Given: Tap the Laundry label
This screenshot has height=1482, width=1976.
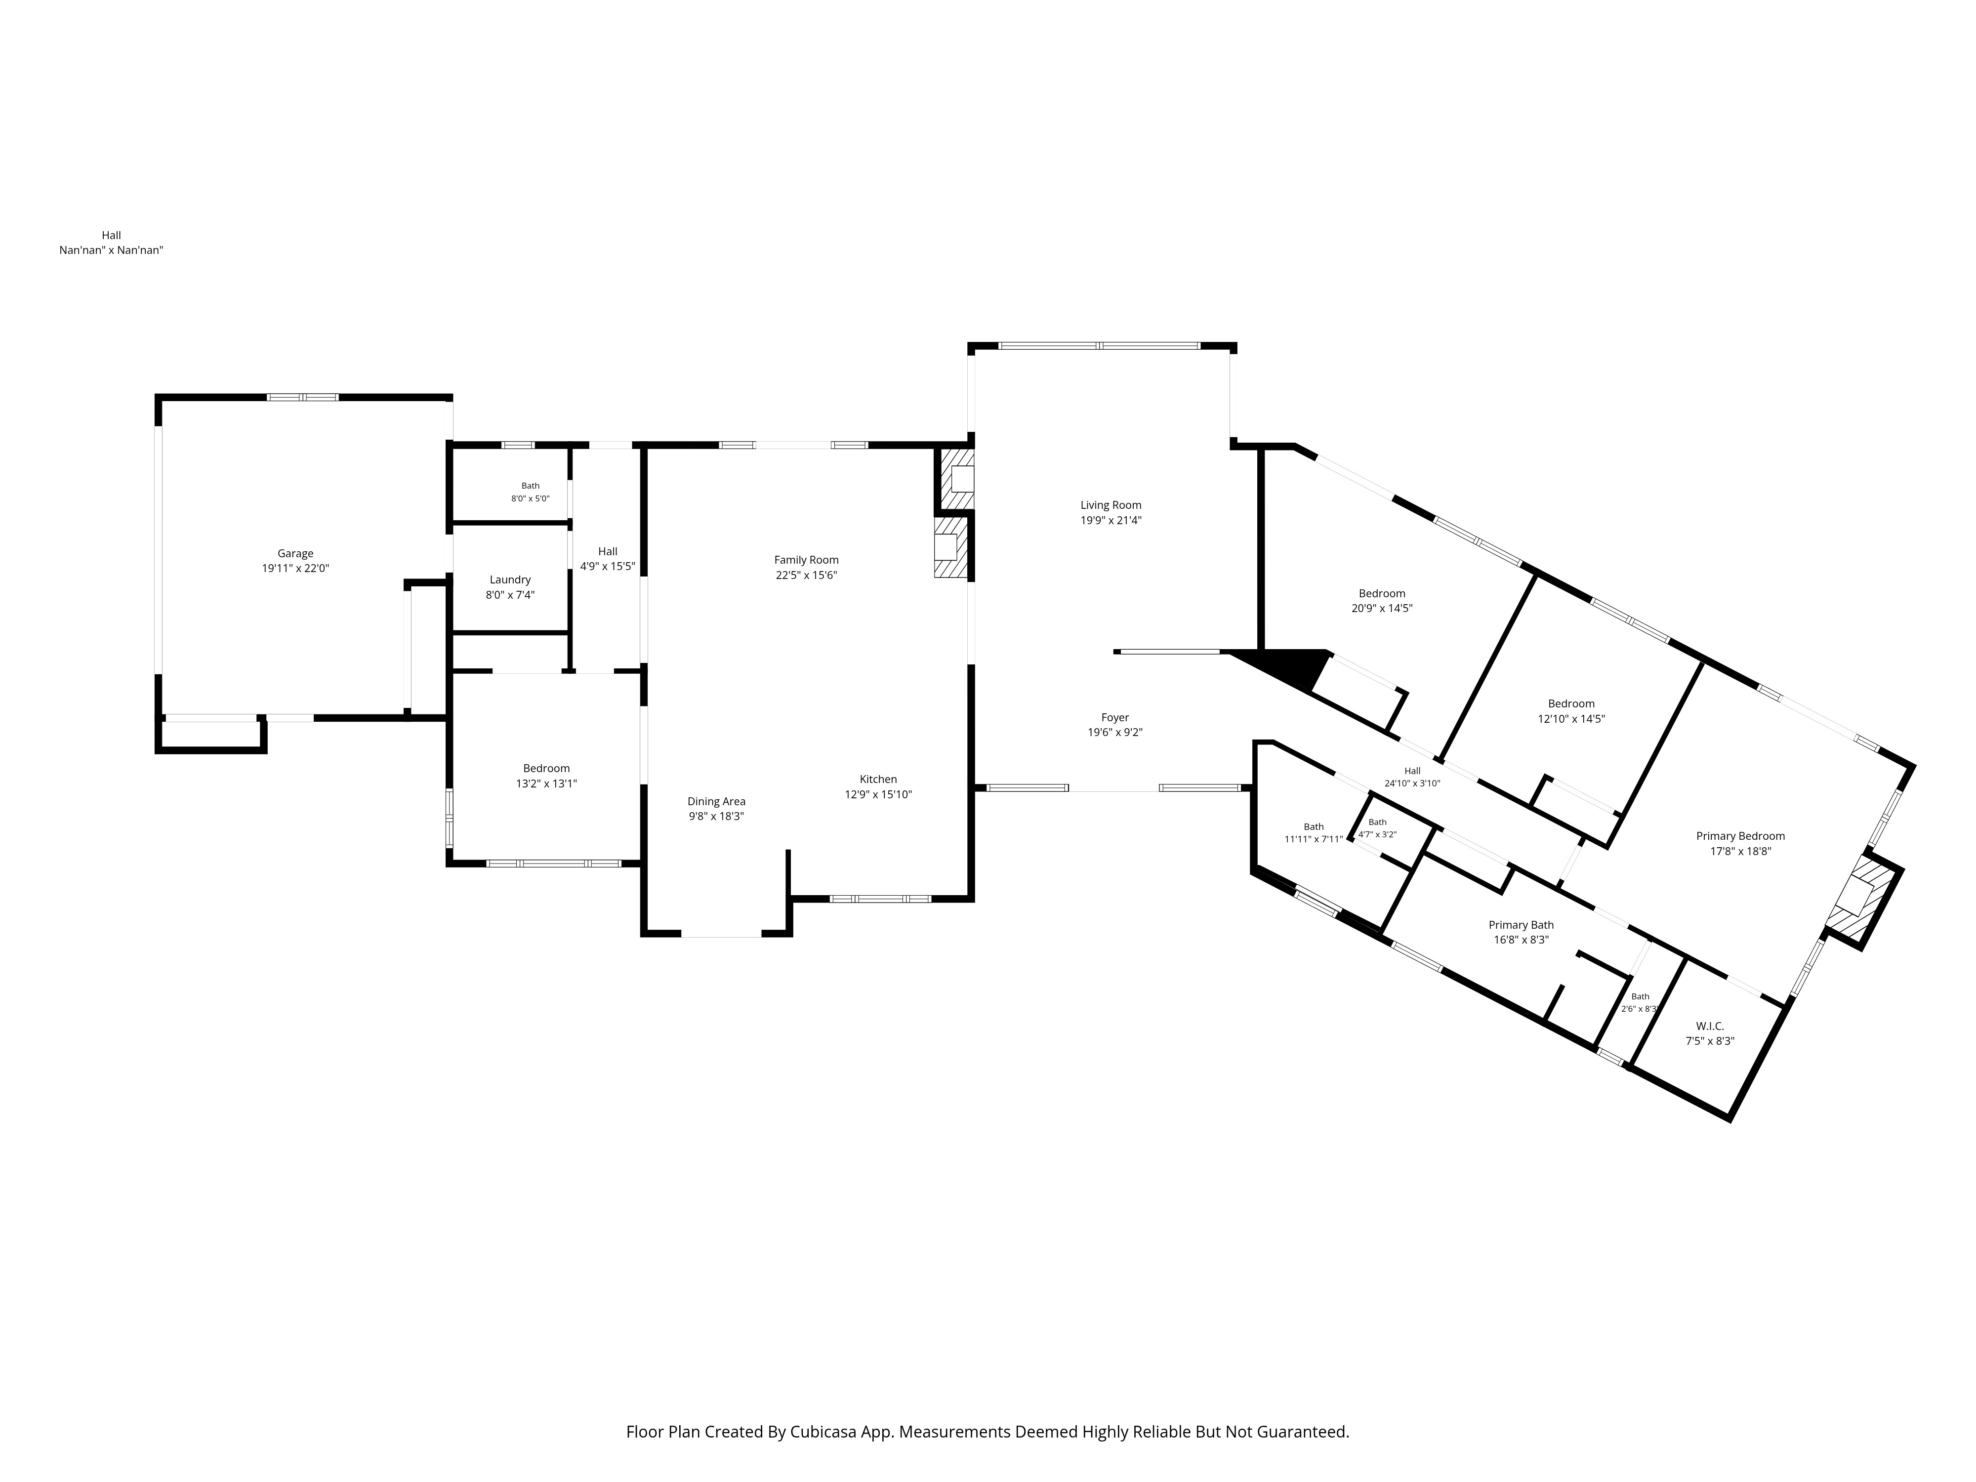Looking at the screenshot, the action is pos(510,580).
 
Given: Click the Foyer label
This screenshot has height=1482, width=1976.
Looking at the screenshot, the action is pos(1115,717).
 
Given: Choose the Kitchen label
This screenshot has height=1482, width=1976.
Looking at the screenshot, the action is pos(878,779).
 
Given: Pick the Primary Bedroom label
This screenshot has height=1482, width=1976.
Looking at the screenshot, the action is pos(1740,836).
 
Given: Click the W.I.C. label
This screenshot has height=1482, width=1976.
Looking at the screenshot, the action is pos(1710,1027).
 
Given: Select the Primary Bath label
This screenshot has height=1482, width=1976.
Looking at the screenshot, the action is pos(1521,925).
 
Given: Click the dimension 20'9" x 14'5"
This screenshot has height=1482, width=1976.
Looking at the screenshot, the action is pos(1382,608).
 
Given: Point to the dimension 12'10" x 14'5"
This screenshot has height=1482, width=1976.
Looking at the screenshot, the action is pos(1571,718).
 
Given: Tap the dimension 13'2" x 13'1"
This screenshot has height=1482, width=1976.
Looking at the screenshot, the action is pos(546,783).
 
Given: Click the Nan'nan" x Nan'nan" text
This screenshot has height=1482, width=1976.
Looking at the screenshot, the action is pos(111,250).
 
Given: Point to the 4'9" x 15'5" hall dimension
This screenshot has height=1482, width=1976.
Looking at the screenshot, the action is pos(608,566).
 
